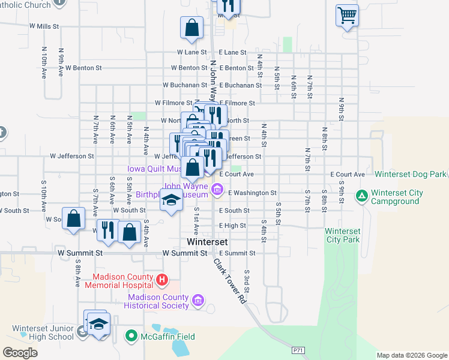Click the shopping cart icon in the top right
[x=348, y=16]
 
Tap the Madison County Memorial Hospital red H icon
[x=161, y=280]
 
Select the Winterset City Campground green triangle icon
[x=361, y=196]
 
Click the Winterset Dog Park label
[x=411, y=174]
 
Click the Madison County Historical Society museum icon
[x=199, y=300]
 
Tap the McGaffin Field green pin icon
[x=131, y=337]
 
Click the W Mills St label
[x=44, y=26]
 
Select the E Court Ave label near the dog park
[x=348, y=175]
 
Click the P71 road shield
[x=298, y=349]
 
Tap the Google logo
[x=20, y=352]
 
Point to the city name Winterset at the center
[x=207, y=242]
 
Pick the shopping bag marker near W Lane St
[x=191, y=28]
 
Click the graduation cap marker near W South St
[x=171, y=200]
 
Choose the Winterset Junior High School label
[x=43, y=332]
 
